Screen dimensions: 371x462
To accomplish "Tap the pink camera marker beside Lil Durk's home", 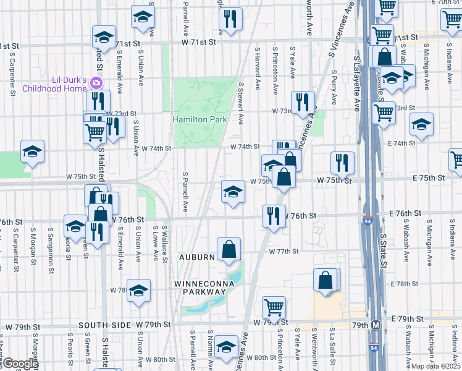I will click(96, 82).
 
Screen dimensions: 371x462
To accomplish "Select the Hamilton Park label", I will click(199, 119).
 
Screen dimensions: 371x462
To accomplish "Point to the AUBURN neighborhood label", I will click(197, 257).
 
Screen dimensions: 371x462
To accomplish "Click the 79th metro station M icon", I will click(376, 325).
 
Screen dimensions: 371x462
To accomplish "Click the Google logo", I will click(20, 364).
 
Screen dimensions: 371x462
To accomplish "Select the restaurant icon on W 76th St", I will click(273, 216).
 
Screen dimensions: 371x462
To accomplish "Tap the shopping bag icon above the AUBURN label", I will click(229, 249).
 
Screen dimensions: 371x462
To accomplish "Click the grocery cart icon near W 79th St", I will click(274, 307).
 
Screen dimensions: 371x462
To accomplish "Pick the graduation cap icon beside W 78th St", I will click(139, 290).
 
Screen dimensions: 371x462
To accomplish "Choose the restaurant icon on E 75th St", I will click(342, 163).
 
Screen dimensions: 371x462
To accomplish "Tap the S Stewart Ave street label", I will click(241, 102).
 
